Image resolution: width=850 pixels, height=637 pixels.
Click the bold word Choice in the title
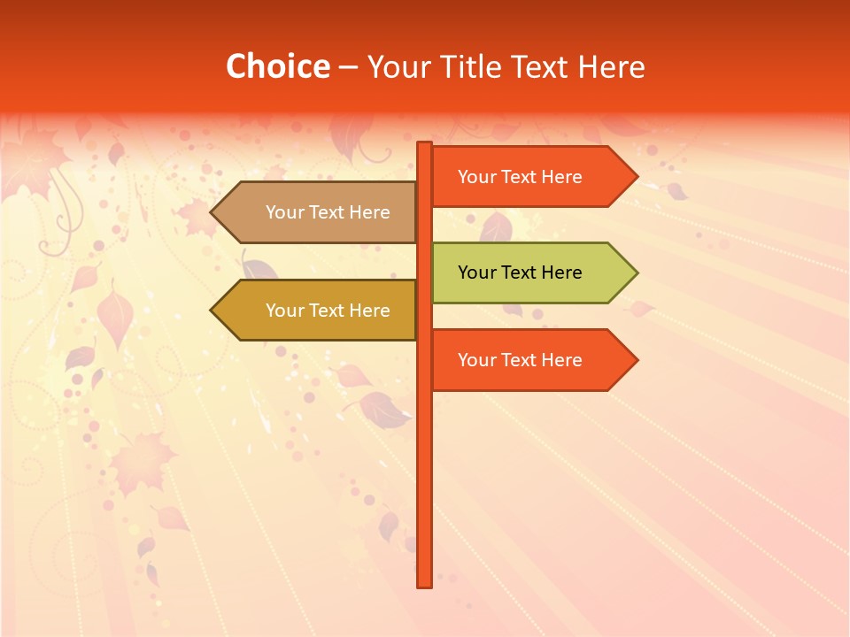(x=277, y=66)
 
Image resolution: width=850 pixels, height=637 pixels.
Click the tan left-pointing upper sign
(x=319, y=212)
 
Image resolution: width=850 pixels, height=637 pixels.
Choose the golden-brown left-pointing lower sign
(x=319, y=311)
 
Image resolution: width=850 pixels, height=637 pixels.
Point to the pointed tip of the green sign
(x=636, y=272)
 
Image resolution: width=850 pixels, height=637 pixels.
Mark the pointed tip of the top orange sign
(x=636, y=177)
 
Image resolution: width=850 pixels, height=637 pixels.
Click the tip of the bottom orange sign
(x=636, y=360)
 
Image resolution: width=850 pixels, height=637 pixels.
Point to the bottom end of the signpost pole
(x=425, y=584)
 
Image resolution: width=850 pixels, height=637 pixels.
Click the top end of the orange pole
(x=425, y=145)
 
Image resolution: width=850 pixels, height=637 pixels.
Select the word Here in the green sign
(x=560, y=272)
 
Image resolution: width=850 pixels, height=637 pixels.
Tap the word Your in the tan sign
(x=284, y=212)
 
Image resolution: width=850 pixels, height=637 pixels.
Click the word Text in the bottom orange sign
(x=518, y=360)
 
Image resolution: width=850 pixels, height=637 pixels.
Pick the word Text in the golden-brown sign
(x=326, y=311)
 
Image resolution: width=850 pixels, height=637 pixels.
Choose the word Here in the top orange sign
(x=560, y=177)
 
